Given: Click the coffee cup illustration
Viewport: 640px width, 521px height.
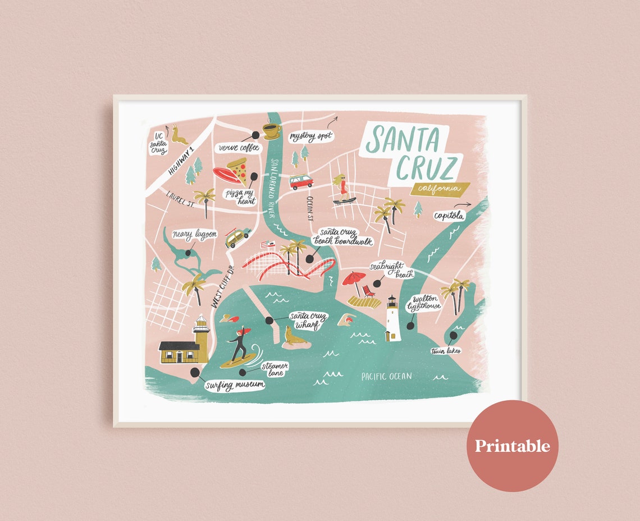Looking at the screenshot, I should point(272,131).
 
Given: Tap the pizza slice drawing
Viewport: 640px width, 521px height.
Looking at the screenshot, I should point(239,170).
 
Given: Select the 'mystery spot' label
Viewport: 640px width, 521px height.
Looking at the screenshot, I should point(312,136).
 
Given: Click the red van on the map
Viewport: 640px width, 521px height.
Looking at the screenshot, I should point(301,181).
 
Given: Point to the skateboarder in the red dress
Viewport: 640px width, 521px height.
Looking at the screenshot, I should point(342,189).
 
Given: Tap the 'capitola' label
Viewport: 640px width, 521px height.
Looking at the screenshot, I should point(449,215).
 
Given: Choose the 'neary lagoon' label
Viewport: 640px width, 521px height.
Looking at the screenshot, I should point(194,234).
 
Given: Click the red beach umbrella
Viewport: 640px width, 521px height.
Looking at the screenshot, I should point(354,278).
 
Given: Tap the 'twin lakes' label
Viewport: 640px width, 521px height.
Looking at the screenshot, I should point(446,351).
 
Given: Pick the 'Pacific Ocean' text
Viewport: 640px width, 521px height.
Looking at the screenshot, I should point(386,376).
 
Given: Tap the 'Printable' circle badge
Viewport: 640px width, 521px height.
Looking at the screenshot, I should point(512,446).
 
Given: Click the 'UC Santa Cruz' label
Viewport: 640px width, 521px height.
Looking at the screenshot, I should point(158,143).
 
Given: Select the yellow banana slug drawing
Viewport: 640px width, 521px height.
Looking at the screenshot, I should point(180,135).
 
